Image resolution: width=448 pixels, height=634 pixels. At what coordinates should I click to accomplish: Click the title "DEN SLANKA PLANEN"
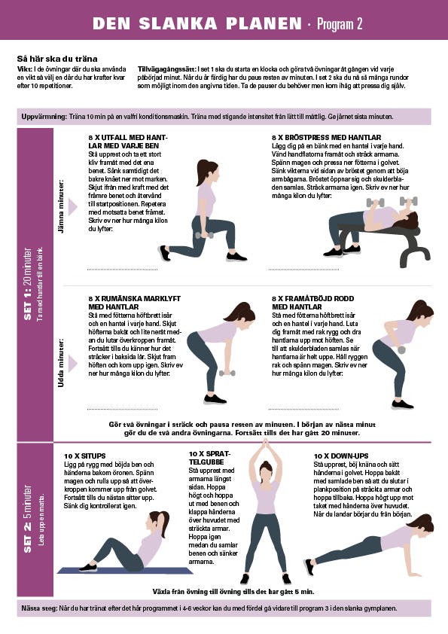[x=197, y=24]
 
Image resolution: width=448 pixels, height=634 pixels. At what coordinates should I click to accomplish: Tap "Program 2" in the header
[x=340, y=24]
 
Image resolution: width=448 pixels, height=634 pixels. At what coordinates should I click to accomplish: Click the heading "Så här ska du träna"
[x=57, y=59]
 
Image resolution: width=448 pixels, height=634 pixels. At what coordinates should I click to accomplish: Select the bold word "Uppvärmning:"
[x=44, y=117]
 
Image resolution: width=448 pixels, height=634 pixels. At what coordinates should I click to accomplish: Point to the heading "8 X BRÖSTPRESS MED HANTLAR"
[x=326, y=138]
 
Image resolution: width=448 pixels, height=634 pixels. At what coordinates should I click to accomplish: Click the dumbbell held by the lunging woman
[x=204, y=235]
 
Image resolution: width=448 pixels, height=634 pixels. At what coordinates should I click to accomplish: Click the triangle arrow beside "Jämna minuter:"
[x=72, y=207]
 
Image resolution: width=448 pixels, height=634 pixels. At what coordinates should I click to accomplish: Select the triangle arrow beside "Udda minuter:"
[x=72, y=364]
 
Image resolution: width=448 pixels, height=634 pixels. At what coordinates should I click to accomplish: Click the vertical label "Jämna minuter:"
[x=61, y=206]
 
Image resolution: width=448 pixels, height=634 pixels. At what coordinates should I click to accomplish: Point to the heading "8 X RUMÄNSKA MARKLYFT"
[x=135, y=298]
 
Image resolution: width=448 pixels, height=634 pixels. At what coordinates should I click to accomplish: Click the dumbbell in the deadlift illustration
[x=227, y=373]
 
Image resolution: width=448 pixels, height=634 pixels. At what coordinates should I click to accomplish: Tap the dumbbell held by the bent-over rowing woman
[x=401, y=349]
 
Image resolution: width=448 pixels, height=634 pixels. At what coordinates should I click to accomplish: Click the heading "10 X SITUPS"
[x=84, y=456]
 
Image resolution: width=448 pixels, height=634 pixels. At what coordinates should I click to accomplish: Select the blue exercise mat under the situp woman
[x=124, y=570]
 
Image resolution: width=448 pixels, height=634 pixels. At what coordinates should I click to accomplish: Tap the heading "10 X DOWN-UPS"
[x=341, y=456]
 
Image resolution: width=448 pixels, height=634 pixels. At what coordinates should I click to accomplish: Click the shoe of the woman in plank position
[x=309, y=566]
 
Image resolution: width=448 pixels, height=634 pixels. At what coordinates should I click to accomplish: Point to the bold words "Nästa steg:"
[x=40, y=608]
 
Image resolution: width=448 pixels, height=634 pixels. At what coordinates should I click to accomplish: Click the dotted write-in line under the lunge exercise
[x=123, y=269]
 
